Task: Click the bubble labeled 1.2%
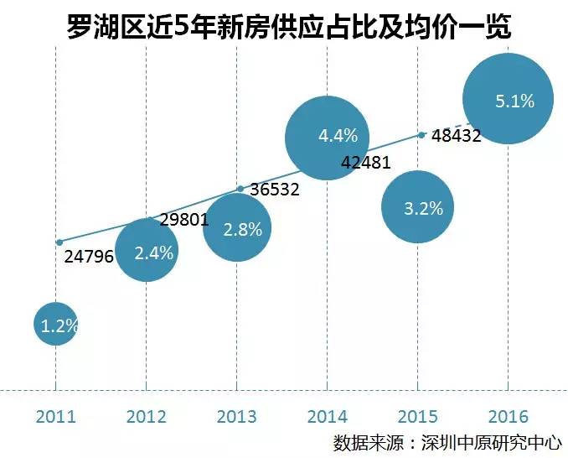click(56, 325)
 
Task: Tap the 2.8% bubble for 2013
click(236, 227)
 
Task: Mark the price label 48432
click(457, 135)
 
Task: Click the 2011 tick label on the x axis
click(55, 416)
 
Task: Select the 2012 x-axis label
click(146, 416)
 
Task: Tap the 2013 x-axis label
click(236, 416)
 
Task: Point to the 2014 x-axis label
click(327, 416)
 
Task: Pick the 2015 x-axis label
click(417, 416)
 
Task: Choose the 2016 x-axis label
click(508, 416)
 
